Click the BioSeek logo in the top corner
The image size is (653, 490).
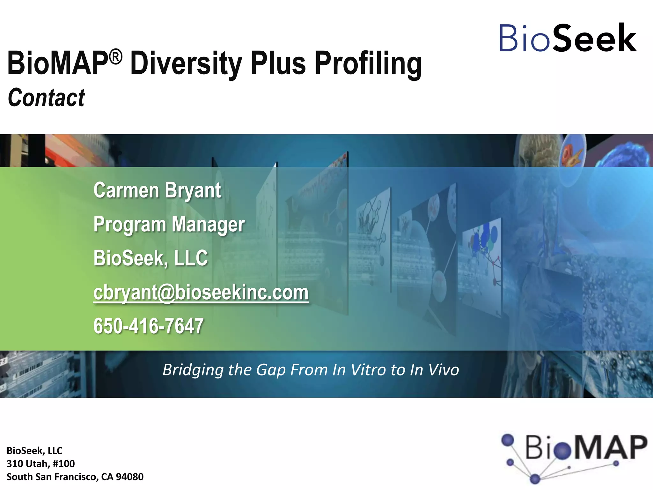[568, 38]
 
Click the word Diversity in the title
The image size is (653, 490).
[186, 64]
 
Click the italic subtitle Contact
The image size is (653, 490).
[47, 98]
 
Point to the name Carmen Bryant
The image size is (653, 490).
[157, 190]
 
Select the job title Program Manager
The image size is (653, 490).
[169, 224]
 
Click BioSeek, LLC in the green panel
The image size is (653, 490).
[150, 258]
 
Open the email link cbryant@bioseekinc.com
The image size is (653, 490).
[201, 293]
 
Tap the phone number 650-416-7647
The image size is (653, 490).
[148, 326]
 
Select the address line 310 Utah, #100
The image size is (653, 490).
[41, 464]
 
